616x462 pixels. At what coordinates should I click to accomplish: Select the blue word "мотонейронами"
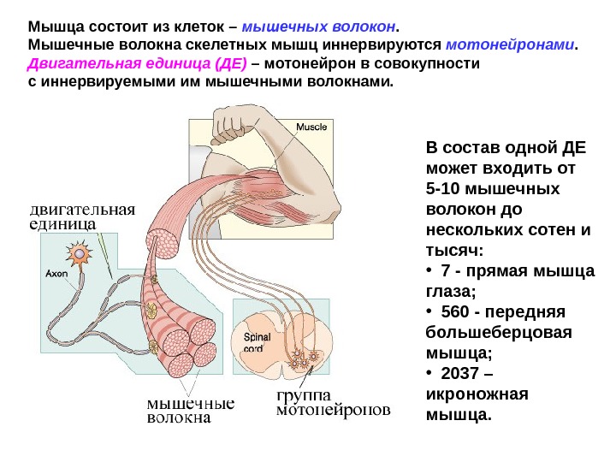click(x=512, y=44)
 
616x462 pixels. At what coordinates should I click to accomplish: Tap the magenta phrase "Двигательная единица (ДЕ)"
click(x=138, y=64)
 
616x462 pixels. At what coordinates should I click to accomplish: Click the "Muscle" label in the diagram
click(x=311, y=127)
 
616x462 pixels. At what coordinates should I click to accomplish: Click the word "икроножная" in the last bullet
click(x=477, y=395)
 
